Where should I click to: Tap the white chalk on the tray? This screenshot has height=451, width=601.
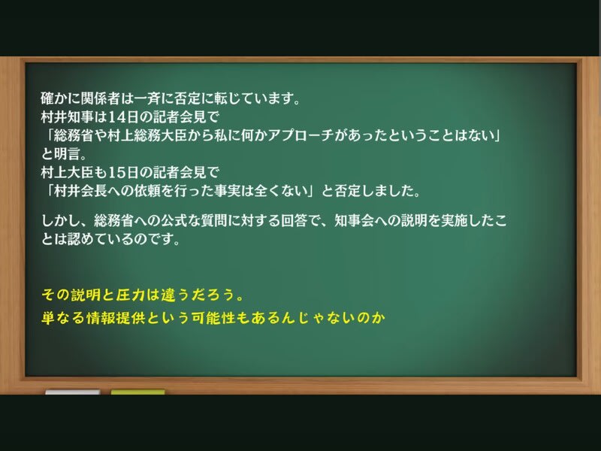pos(72,392)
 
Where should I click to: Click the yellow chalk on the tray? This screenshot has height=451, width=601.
pos(138,392)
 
